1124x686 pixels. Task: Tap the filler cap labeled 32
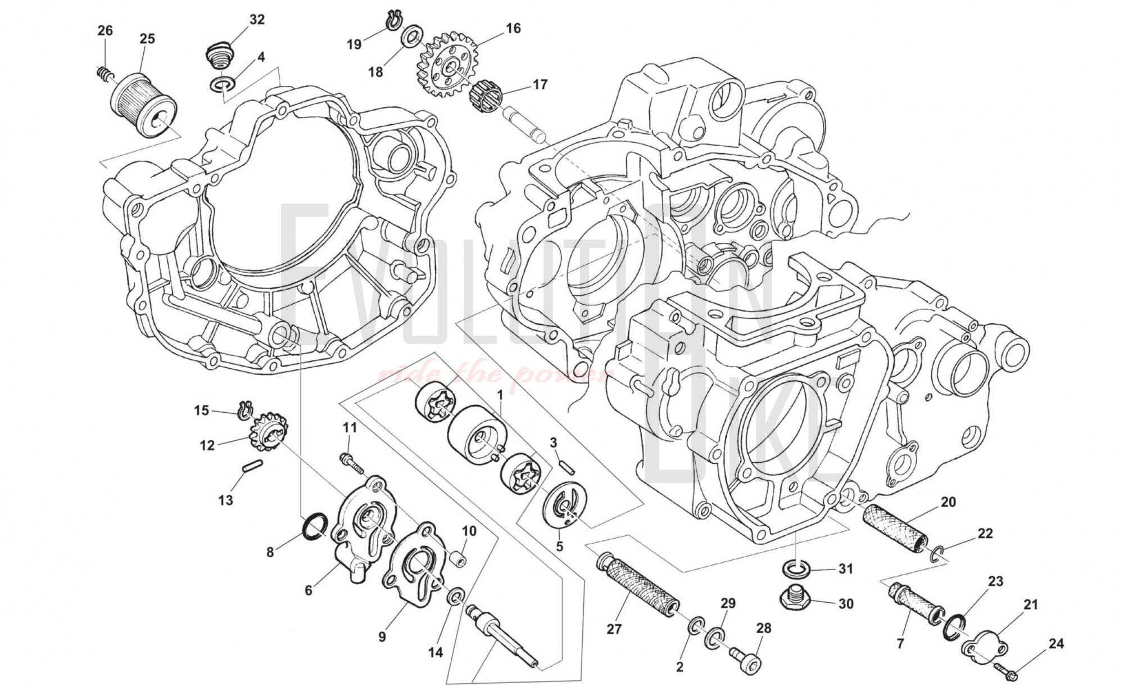click(x=220, y=56)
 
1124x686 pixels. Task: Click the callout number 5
click(x=559, y=545)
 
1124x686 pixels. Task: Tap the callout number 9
click(x=382, y=637)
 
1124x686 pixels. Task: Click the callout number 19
click(x=354, y=44)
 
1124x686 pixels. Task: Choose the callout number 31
click(x=846, y=569)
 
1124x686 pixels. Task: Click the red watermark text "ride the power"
click(x=495, y=374)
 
